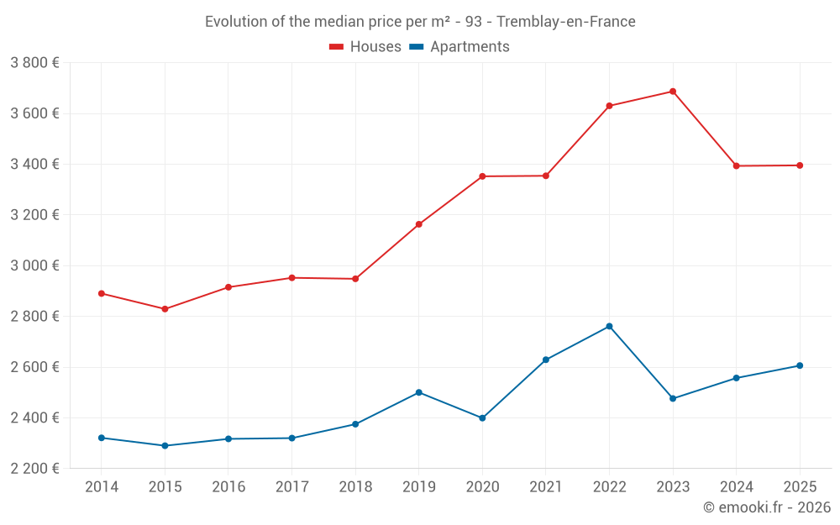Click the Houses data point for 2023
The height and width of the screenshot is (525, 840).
click(673, 92)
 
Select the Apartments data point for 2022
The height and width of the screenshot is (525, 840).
click(609, 326)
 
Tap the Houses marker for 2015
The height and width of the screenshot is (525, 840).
click(165, 309)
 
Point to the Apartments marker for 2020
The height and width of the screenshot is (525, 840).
click(482, 417)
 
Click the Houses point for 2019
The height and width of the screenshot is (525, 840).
click(418, 224)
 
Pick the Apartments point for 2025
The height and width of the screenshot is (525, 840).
click(800, 365)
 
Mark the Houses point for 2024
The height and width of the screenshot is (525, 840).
click(736, 165)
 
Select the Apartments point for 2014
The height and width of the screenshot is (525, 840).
click(102, 438)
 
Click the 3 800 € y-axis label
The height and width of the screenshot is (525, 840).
click(34, 63)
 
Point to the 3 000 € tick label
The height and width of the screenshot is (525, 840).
click(34, 265)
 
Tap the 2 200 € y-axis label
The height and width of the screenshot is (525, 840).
click(34, 469)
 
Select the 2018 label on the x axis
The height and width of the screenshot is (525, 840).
click(355, 487)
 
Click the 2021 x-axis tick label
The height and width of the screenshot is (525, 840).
click(546, 487)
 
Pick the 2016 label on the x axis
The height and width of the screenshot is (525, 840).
click(228, 487)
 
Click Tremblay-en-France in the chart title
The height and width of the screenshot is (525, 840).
click(566, 21)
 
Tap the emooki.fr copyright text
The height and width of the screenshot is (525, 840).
click(766, 507)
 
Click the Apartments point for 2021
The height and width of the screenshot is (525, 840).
click(546, 360)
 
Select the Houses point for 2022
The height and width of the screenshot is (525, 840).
click(609, 106)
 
